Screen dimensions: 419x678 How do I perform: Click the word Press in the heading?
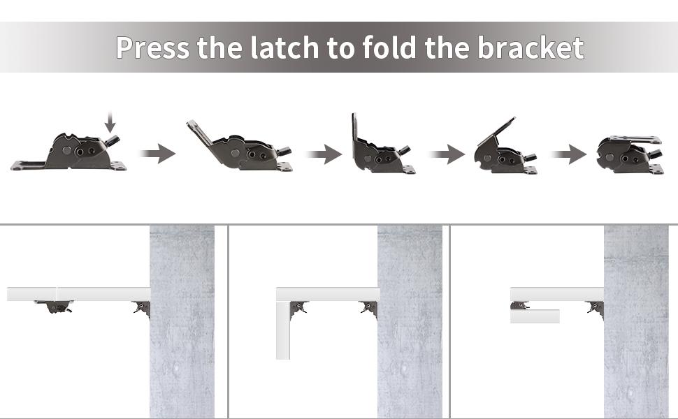coord(153,47)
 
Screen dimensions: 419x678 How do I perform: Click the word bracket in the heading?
coord(531,47)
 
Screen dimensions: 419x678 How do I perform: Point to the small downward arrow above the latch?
coord(110,124)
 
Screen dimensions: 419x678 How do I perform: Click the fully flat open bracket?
coord(70,154)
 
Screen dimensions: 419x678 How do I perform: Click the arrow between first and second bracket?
coord(157,154)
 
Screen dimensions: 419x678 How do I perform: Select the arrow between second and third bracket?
coord(323,154)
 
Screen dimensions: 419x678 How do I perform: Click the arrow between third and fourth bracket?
coord(447,154)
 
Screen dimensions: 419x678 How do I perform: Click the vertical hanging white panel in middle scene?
coord(283,329)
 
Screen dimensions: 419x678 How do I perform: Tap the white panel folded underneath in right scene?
coord(535,316)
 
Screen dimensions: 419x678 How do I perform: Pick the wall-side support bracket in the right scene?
coord(596,308)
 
